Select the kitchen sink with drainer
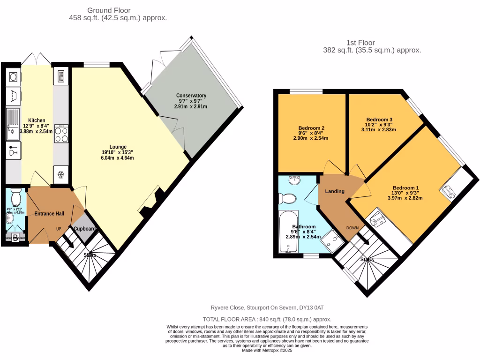[x=13, y=124]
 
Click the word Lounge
[x=118, y=147]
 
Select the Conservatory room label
[x=191, y=96]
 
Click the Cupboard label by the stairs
[x=85, y=229]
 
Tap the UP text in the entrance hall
[x=59, y=229]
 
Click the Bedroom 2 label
[x=311, y=127]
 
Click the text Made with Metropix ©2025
[x=267, y=350]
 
